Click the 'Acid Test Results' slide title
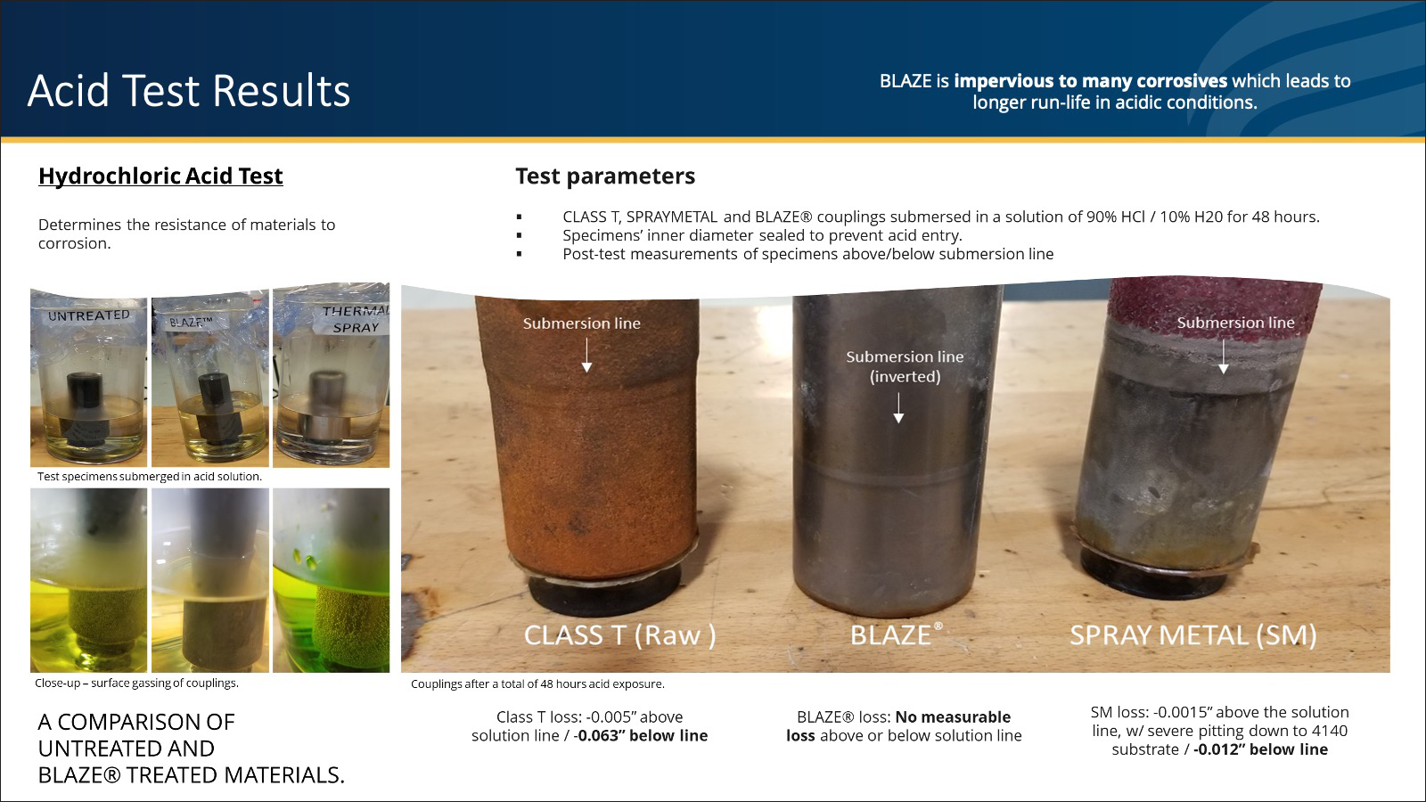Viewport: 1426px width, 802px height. [188, 90]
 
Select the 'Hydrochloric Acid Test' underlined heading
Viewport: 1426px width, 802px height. [160, 176]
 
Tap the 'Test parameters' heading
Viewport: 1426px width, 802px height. [605, 176]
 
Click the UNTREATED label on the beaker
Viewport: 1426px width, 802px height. [88, 315]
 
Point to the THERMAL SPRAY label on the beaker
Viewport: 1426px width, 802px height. [356, 319]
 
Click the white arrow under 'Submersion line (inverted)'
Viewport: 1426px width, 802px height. [898, 408]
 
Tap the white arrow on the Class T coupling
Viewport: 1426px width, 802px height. [587, 356]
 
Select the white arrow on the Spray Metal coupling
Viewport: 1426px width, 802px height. [1223, 356]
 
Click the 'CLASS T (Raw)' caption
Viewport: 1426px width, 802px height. [619, 635]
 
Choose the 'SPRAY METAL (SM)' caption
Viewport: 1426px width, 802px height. [1193, 635]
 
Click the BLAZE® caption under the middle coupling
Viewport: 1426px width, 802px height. [897, 634]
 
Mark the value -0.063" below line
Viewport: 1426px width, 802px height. [641, 736]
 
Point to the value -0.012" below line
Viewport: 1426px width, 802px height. [1260, 749]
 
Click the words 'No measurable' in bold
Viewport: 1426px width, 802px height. [953, 717]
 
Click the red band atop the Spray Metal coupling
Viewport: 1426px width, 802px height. [1215, 301]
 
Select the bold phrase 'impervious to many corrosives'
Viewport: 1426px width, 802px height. [1091, 81]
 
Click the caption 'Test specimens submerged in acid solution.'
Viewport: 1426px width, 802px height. [150, 476]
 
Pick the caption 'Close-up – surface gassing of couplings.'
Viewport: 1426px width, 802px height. [137, 683]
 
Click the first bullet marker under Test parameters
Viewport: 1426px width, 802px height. [520, 217]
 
